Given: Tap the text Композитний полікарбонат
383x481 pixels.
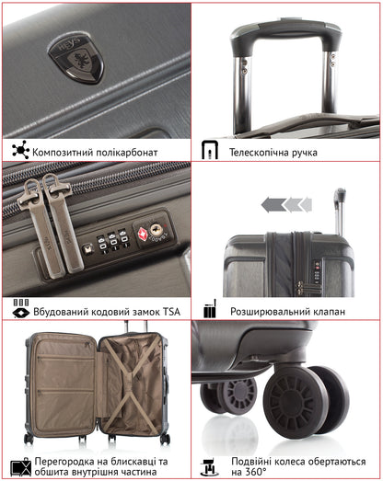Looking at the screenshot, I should click(x=96, y=152).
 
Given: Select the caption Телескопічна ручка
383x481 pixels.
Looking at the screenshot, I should click(x=273, y=152).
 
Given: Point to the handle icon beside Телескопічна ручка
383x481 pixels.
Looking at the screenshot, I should click(x=209, y=151).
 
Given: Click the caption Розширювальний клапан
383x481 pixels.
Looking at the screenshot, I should click(x=287, y=312).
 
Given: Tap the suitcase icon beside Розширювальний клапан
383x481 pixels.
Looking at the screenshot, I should click(x=209, y=311).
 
